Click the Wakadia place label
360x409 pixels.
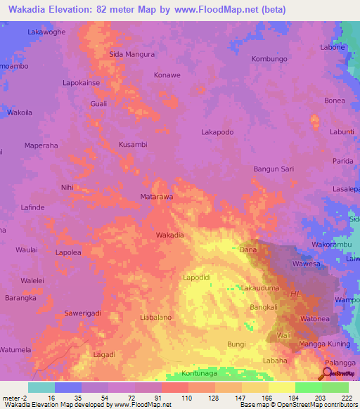(x=170, y=235)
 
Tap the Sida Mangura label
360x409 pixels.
(x=131, y=53)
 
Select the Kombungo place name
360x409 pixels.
(x=270, y=59)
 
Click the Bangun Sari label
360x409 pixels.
(x=274, y=169)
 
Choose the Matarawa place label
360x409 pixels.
(x=156, y=197)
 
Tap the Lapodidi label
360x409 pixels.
(x=197, y=278)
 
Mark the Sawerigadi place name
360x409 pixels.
(x=83, y=313)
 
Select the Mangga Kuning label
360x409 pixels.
(x=324, y=344)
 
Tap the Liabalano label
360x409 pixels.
(x=156, y=318)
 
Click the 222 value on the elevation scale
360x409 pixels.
(x=346, y=397)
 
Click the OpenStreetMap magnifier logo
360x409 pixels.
(x=328, y=372)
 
